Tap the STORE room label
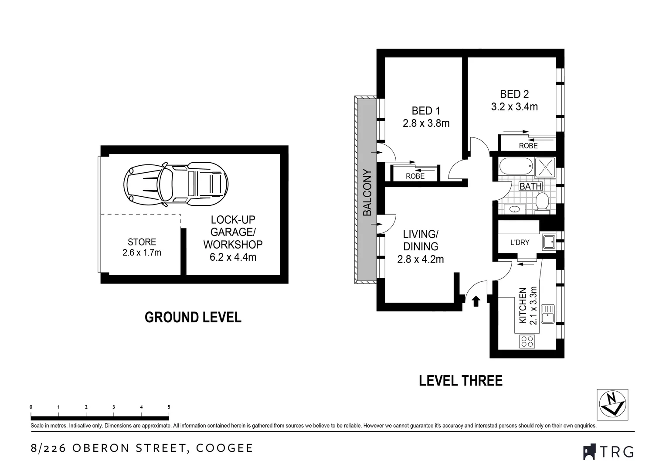(142, 242)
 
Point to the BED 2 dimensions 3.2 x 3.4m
(514, 106)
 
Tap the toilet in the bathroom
(542, 203)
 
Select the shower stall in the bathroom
(545, 167)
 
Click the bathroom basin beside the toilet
(515, 209)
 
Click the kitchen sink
(547, 314)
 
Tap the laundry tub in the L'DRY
(548, 242)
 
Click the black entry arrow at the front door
(476, 301)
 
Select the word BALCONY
(367, 192)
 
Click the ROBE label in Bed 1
(415, 176)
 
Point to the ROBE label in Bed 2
(528, 146)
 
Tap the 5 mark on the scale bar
(169, 407)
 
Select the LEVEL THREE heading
(460, 381)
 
